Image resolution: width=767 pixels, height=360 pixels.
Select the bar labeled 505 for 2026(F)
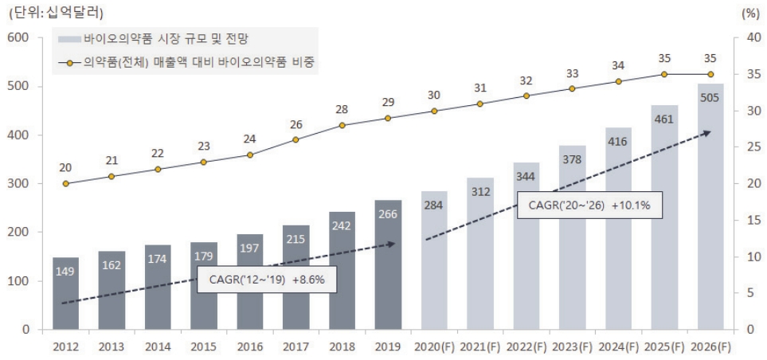(x=710, y=206)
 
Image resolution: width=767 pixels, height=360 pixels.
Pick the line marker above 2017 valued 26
(x=295, y=139)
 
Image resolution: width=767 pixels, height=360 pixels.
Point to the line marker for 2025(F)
(x=664, y=74)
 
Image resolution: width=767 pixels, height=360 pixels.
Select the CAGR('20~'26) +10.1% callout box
(x=589, y=205)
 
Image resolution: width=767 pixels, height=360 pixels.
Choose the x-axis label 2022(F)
(x=526, y=346)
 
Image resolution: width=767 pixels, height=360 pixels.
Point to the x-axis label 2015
(x=204, y=346)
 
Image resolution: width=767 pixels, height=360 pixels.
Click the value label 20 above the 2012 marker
(x=65, y=167)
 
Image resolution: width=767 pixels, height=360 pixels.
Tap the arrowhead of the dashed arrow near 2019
(x=391, y=244)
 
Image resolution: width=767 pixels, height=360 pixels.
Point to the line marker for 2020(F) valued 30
(x=434, y=111)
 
